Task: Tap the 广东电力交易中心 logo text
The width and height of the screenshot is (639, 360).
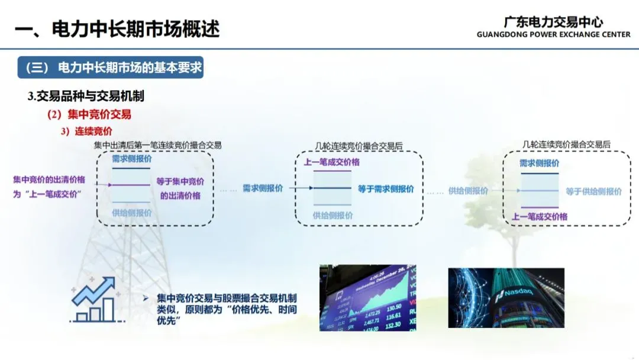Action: tap(553, 22)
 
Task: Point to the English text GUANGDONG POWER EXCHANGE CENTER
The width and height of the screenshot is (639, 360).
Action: tap(553, 35)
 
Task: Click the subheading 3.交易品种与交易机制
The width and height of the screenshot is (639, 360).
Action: tap(86, 96)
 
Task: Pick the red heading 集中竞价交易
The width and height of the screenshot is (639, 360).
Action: tap(89, 115)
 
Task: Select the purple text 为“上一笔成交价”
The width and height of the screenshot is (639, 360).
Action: tap(47, 194)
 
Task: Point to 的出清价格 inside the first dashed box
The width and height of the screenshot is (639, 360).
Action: tap(180, 195)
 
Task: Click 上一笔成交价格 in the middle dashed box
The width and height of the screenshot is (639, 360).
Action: tap(331, 162)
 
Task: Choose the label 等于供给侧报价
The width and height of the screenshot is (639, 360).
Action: tap(593, 191)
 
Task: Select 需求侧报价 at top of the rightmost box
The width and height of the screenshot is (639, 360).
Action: tap(539, 163)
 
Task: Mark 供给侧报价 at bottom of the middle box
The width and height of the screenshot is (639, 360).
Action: tap(333, 216)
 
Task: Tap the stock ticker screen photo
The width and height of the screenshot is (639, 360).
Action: tap(367, 297)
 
